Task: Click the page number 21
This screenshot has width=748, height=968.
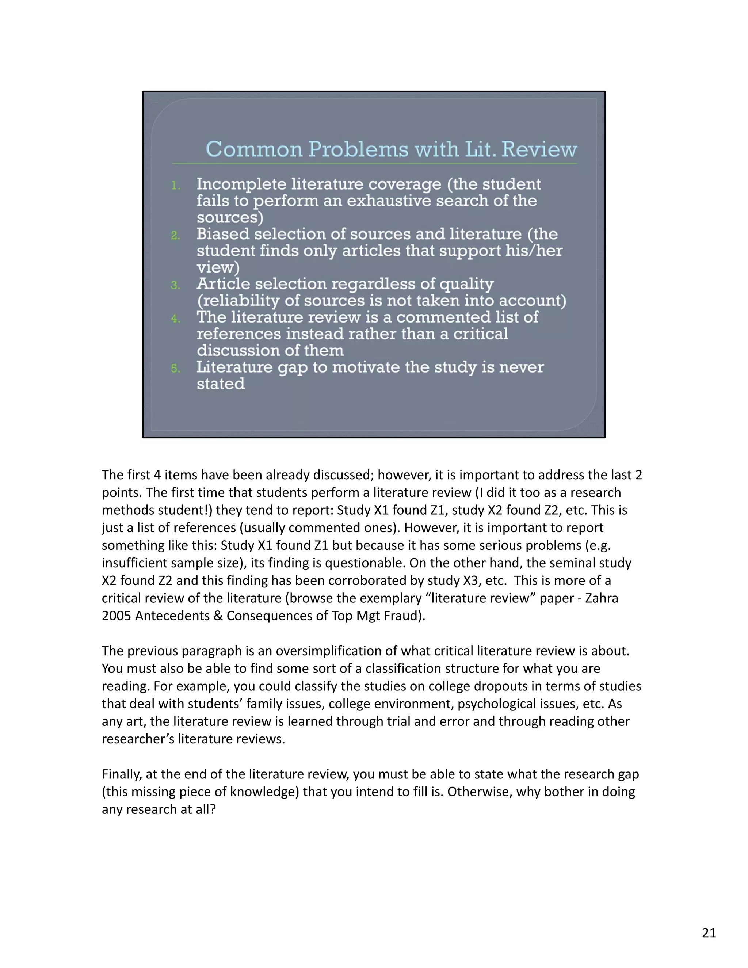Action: [709, 933]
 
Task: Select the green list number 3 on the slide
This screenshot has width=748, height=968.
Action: [175, 285]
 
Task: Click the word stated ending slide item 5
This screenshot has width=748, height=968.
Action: [220, 384]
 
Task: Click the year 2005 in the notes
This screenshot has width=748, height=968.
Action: [117, 616]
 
